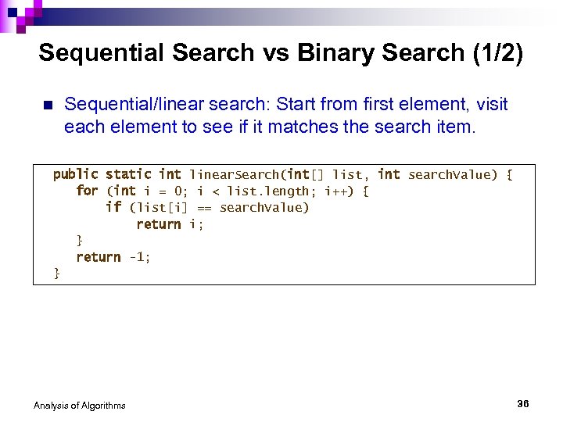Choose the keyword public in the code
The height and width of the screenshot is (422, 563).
75,174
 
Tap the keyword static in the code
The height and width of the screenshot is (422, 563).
128,174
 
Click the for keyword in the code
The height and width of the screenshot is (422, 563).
87,191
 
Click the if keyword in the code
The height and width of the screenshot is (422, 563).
113,207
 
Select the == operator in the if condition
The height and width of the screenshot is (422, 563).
204,208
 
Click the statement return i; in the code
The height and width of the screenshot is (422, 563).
170,224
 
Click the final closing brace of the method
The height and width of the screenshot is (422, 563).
56,273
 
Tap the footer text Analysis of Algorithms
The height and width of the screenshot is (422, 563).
79,405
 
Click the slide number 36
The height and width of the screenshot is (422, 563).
523,403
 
